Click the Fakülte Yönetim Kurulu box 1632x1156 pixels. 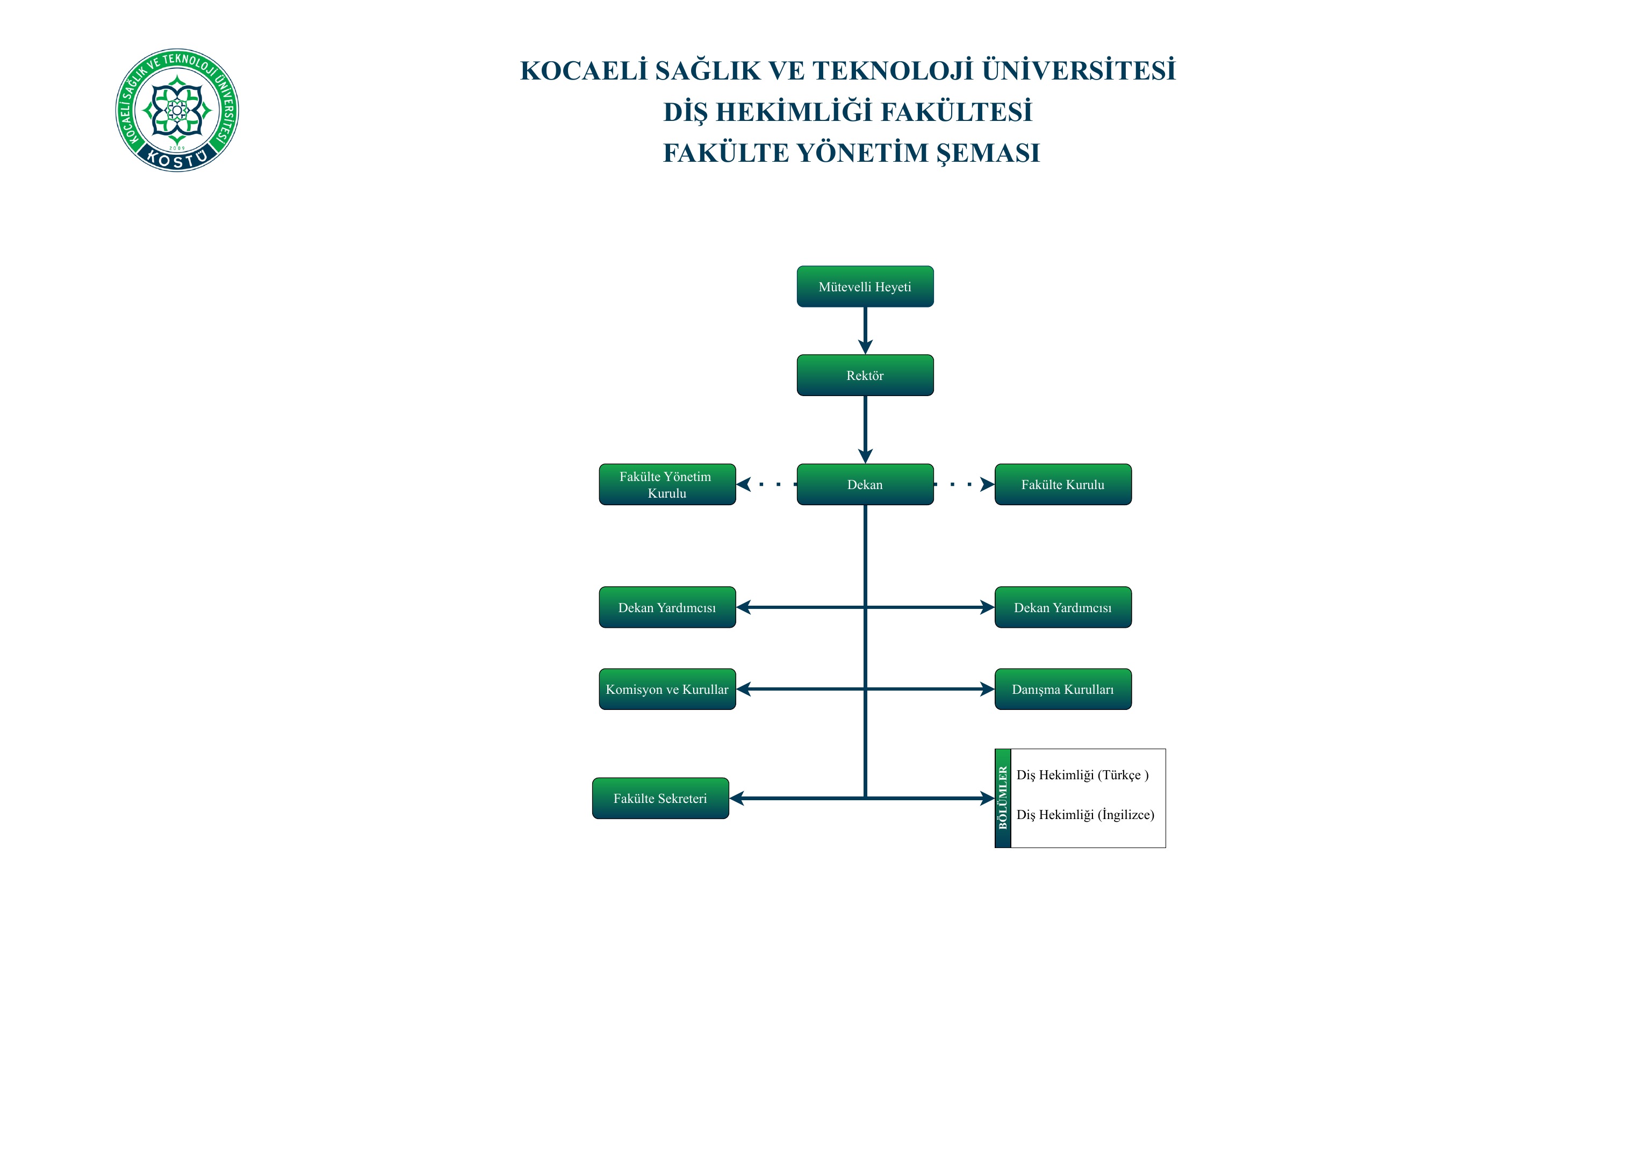[x=667, y=484]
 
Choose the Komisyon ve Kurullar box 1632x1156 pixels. [x=667, y=689]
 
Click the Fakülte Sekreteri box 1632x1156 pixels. [x=660, y=798]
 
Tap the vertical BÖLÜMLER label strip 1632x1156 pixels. [x=1003, y=798]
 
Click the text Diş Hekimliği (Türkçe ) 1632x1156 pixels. [x=1083, y=775]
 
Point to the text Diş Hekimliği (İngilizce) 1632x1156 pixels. [x=1085, y=814]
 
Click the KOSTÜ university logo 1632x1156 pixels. [x=177, y=110]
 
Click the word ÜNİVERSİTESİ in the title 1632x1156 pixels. [x=1079, y=70]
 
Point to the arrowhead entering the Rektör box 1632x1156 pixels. [x=866, y=347]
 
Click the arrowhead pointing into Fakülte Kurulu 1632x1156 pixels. [x=987, y=484]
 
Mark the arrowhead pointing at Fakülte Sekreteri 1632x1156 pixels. [x=737, y=798]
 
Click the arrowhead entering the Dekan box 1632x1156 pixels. [x=866, y=456]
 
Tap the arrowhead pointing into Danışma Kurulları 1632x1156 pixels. [x=987, y=689]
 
